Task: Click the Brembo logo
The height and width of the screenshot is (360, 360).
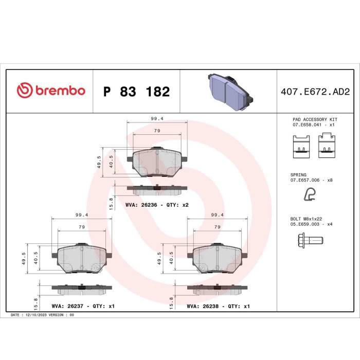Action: pos(50,91)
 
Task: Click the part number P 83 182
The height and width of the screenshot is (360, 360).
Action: pos(136,92)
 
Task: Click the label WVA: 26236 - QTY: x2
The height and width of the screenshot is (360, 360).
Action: pos(157,205)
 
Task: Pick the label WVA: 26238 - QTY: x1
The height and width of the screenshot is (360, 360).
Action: pos(218,306)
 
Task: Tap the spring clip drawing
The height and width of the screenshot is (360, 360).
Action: pos(309,194)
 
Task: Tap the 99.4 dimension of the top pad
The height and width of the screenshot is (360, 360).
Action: pos(157,118)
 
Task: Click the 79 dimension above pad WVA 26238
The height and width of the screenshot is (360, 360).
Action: pos(218,227)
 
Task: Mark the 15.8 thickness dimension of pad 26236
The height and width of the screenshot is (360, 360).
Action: pos(111,201)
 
